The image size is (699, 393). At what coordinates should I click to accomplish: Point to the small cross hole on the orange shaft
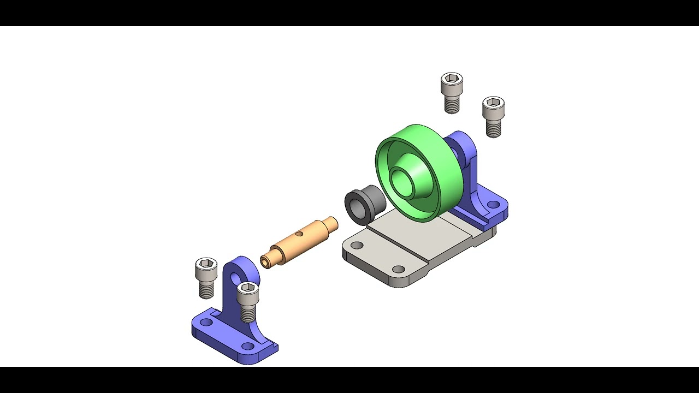(x=299, y=234)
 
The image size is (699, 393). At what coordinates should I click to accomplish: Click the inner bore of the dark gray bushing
(x=357, y=207)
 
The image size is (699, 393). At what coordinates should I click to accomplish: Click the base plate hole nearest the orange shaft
(x=357, y=246)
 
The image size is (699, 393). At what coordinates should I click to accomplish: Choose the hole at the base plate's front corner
(x=399, y=269)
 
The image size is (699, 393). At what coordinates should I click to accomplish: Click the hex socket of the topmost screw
(x=452, y=79)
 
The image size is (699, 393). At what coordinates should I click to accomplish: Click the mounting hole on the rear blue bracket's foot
(x=493, y=205)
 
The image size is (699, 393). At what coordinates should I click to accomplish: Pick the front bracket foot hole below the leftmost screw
(x=206, y=322)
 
